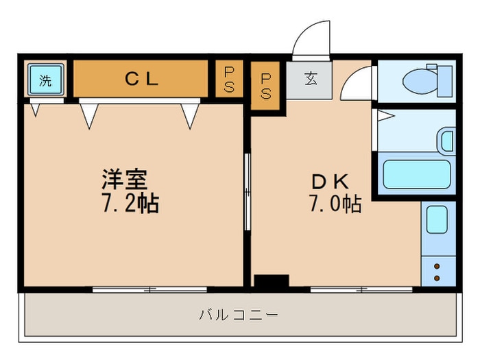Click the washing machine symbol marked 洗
[45, 80]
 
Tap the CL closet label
[141, 79]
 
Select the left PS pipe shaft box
[228, 80]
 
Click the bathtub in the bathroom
[416, 174]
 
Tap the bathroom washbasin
[447, 141]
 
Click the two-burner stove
[437, 270]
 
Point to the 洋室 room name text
[124, 180]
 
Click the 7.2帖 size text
[130, 203]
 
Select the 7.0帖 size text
[334, 204]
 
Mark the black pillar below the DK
[272, 282]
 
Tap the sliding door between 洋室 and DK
[248, 191]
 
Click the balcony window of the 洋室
[150, 289]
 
